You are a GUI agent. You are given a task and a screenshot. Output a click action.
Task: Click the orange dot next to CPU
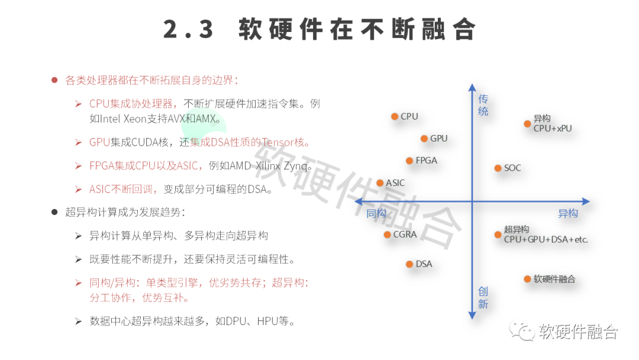tap(395, 117)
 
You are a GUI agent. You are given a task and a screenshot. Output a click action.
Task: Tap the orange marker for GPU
tap(424, 139)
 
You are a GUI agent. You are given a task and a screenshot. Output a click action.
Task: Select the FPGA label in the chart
tap(426, 160)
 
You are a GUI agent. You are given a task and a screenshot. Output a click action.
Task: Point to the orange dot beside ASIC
tap(380, 183)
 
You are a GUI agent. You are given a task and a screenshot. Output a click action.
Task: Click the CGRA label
tap(405, 234)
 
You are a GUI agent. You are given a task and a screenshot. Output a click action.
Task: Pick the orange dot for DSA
tap(409, 264)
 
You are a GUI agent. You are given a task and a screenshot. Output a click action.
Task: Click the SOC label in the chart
tap(512, 168)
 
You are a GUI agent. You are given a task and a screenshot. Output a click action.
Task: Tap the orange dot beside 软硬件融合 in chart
tap(527, 279)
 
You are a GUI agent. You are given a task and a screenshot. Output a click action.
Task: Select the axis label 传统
tap(483, 105)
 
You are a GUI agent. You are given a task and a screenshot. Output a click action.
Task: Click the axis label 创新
tap(483, 297)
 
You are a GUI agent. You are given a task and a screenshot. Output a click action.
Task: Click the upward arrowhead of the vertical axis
tap(472, 87)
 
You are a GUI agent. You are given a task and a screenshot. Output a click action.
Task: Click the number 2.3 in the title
tap(188, 29)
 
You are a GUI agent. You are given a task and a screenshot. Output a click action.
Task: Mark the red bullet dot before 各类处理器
tap(54, 80)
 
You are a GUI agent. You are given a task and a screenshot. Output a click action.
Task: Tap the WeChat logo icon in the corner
tap(523, 331)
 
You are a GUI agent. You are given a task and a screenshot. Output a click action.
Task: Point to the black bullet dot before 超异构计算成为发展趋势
tap(54, 211)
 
